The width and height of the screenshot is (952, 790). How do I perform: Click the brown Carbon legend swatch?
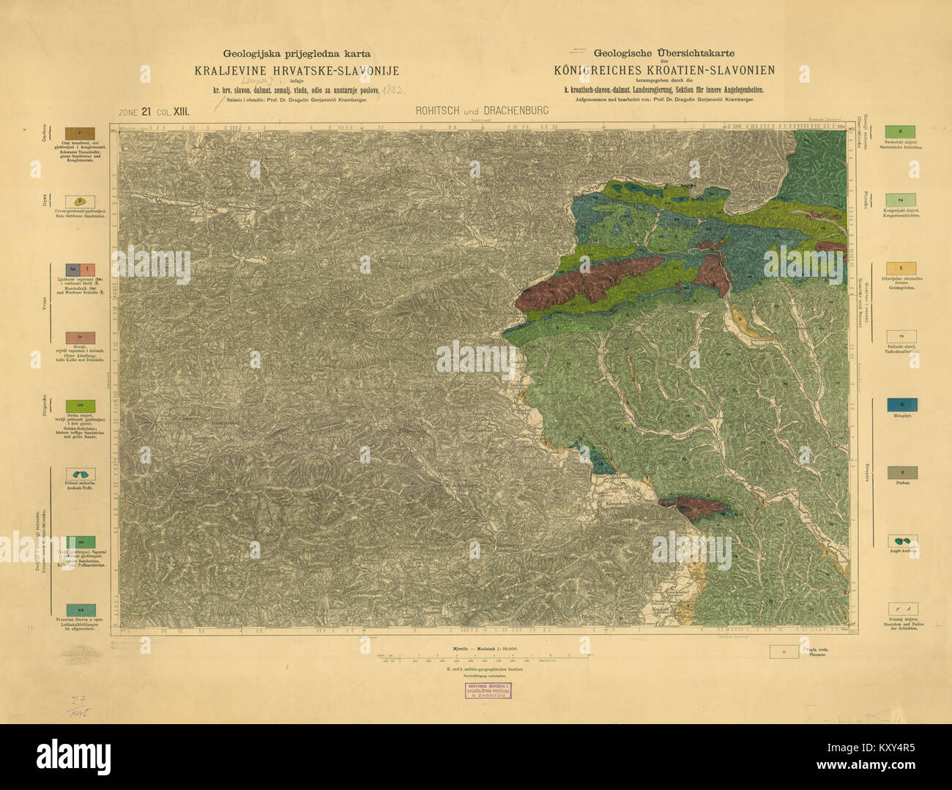click(x=80, y=133)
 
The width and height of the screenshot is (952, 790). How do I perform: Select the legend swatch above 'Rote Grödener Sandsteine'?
click(x=80, y=201)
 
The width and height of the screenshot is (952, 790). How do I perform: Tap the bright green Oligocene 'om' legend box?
click(x=81, y=405)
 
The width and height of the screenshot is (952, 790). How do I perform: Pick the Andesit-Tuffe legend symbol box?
click(x=81, y=474)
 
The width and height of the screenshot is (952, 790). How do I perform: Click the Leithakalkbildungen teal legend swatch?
click(x=81, y=609)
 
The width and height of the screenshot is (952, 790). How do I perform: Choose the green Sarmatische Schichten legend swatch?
click(x=901, y=132)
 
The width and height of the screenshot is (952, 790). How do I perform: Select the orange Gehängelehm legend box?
click(x=901, y=269)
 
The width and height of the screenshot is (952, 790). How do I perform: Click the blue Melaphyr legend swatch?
click(x=901, y=405)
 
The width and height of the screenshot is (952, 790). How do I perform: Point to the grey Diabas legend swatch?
click(x=901, y=473)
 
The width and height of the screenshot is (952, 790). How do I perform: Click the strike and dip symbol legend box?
click(x=901, y=609)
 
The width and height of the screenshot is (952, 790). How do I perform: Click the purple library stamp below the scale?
click(x=489, y=690)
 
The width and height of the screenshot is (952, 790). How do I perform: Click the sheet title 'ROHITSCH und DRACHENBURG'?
click(x=481, y=111)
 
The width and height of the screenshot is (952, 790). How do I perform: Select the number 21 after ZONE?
click(x=146, y=112)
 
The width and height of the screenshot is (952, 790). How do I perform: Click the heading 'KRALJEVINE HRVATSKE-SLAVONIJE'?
click(x=297, y=71)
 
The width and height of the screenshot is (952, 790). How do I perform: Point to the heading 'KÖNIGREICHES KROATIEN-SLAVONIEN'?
click(x=664, y=70)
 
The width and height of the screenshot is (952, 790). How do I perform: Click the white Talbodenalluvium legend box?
click(x=901, y=337)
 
